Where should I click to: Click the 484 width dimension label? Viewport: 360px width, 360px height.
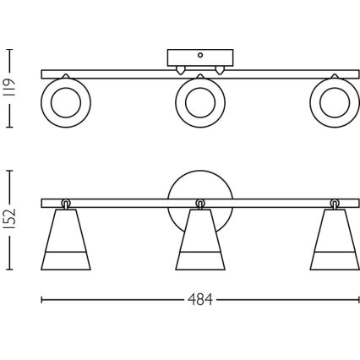click(201, 299)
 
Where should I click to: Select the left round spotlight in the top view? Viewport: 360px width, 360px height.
click(63, 102)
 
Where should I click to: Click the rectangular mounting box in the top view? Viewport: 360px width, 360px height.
click(199, 58)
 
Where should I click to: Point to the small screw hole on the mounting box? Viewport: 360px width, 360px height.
click(199, 56)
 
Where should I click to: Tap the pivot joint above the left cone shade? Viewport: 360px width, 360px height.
click(65, 203)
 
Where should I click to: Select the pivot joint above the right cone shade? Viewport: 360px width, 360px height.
click(334, 203)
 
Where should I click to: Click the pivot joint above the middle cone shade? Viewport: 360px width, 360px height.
click(199, 203)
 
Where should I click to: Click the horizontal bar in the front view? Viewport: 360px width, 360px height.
click(127, 203)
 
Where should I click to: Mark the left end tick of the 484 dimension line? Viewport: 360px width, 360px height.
click(42, 299)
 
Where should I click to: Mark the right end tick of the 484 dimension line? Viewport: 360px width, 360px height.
click(357, 299)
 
